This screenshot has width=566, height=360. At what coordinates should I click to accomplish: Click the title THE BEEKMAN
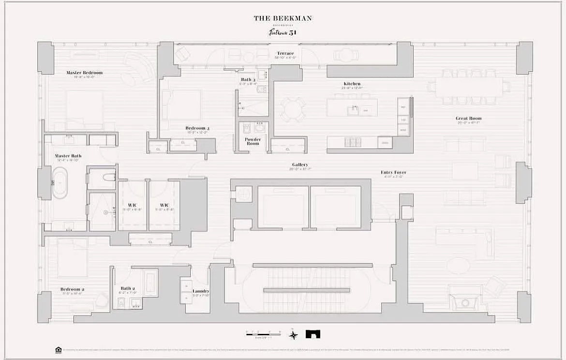(283, 18)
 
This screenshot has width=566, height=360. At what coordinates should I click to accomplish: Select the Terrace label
(285, 53)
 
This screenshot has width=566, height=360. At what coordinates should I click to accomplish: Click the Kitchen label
(352, 84)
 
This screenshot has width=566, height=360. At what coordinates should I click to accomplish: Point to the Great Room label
(468, 118)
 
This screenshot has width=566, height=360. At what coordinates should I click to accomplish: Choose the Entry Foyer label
(393, 172)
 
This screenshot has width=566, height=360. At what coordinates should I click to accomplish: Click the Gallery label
(300, 165)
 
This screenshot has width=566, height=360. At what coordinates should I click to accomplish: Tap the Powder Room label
(253, 141)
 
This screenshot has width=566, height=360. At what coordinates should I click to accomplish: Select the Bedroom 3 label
(197, 128)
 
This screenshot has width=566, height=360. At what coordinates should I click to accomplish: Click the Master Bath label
(68, 156)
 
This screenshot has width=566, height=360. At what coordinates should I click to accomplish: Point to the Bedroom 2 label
(71, 289)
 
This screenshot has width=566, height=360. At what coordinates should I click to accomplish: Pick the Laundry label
(201, 291)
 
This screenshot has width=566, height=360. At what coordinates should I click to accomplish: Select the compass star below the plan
(293, 334)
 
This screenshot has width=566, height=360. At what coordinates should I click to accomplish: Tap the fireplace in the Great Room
(465, 302)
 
